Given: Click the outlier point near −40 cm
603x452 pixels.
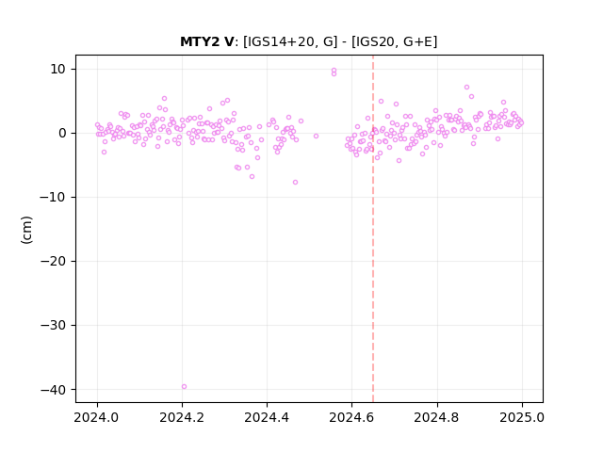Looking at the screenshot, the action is pyautogui.click(x=184, y=387).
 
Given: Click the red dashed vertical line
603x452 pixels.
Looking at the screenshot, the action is pyautogui.click(x=373, y=229).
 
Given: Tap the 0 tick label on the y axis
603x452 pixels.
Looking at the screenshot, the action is pyautogui.click(x=62, y=134).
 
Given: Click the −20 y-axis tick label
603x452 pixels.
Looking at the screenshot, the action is pyautogui.click(x=53, y=262).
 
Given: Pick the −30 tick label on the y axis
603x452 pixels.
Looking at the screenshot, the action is pyautogui.click(x=53, y=326).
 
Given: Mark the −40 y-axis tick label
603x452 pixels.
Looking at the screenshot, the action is pyautogui.click(x=53, y=390).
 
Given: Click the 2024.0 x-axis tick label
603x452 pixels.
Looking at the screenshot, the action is pyautogui.click(x=97, y=417).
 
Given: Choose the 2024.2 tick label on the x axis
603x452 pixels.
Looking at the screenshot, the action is pyautogui.click(x=182, y=417).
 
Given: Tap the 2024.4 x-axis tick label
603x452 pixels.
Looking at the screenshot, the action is pyautogui.click(x=267, y=417).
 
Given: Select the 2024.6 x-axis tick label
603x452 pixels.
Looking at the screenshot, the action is pyautogui.click(x=351, y=417).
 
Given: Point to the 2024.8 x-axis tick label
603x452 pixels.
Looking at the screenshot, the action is pyautogui.click(x=436, y=417).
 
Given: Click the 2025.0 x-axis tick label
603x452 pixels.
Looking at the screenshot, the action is pyautogui.click(x=522, y=417).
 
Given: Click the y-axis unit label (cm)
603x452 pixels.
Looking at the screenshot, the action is pyautogui.click(x=26, y=230).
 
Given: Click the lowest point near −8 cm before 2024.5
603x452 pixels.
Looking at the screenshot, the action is pyautogui.click(x=295, y=182).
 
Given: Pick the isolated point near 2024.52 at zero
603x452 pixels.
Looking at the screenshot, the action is pyautogui.click(x=317, y=136).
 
